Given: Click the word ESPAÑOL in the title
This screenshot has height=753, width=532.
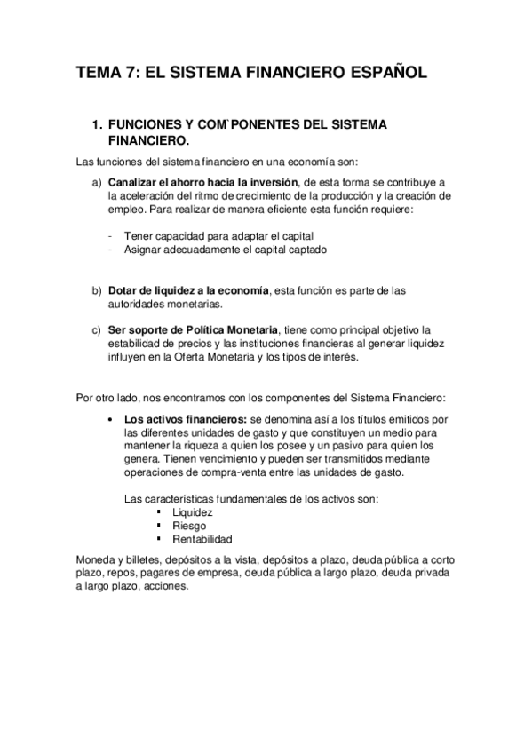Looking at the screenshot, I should tap(382, 73).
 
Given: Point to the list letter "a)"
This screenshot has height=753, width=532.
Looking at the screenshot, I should tap(97, 181).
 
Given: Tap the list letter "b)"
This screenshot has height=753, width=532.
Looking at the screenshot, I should tap(97, 290).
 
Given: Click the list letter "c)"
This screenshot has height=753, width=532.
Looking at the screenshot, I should tap(97, 330).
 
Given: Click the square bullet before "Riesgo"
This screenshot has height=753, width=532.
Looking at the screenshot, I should tap(158, 526).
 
